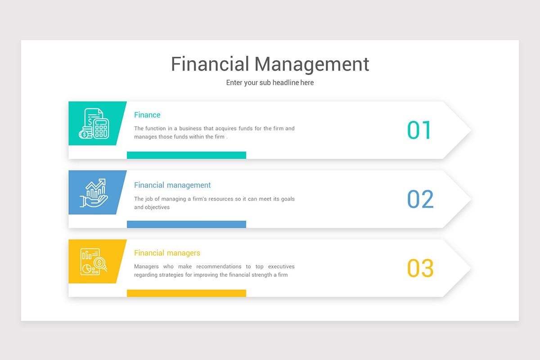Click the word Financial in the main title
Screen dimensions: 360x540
(210, 64)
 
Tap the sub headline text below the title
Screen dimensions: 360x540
(270, 83)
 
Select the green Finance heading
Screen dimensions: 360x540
(147, 115)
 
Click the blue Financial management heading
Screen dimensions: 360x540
(172, 185)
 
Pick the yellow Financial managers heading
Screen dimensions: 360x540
(167, 253)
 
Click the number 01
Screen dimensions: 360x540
(419, 130)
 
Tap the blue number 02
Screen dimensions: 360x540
(420, 199)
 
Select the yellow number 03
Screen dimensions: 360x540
(420, 268)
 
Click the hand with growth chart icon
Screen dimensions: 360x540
(94, 193)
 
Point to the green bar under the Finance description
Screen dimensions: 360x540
(186, 155)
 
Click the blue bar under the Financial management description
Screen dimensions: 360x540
(186, 224)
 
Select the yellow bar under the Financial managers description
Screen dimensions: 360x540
(186, 293)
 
